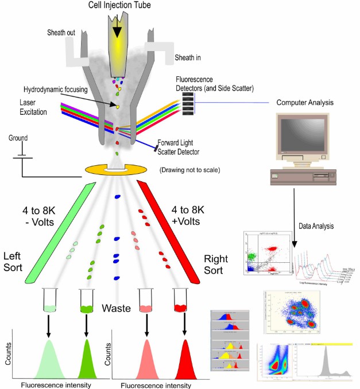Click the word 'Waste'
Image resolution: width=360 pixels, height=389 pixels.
[x=118, y=308]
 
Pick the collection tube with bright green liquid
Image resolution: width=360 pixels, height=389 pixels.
[x=86, y=301]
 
